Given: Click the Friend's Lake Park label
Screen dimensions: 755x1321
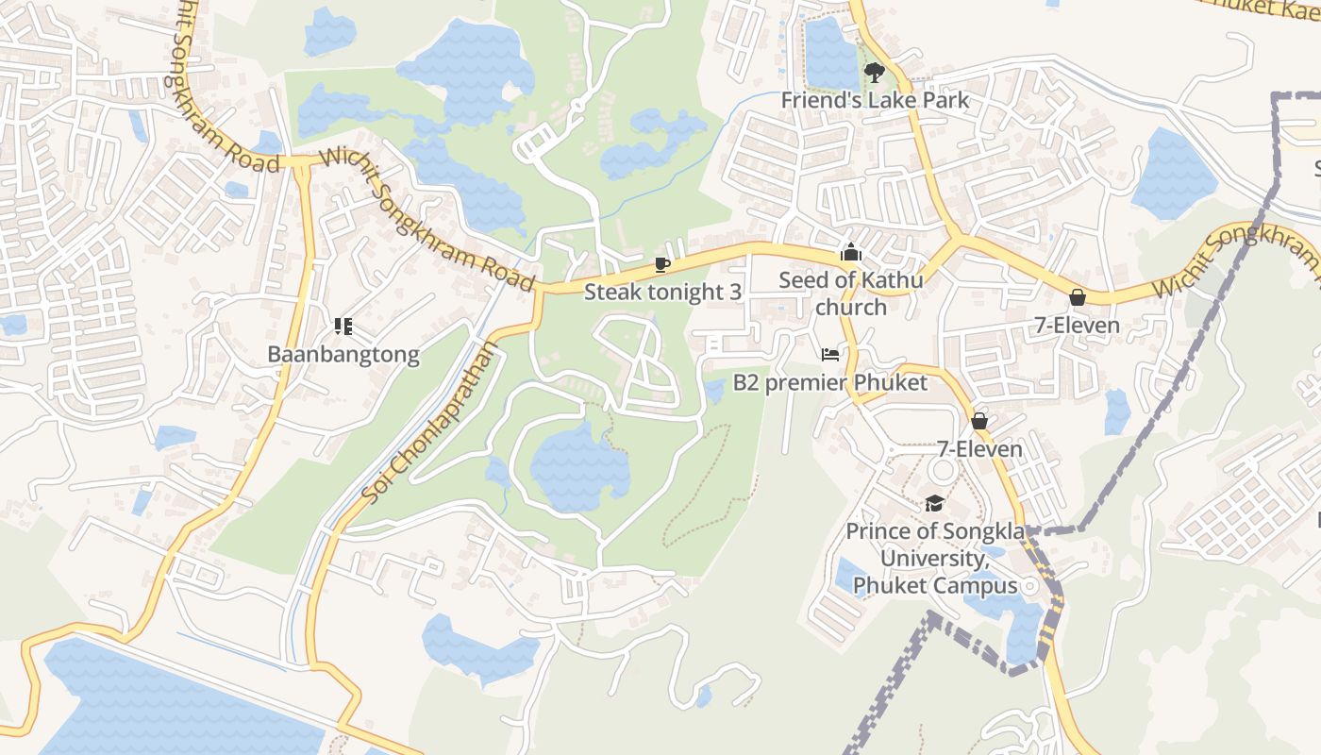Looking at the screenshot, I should tap(875, 99).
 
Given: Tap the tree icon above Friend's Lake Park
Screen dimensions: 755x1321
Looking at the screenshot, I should tap(875, 72).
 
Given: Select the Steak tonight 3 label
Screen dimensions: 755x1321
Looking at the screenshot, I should tap(662, 292).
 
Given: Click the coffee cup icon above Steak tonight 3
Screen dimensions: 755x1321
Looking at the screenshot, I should tap(662, 264).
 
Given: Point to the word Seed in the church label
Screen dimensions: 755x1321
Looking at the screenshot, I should tap(803, 280).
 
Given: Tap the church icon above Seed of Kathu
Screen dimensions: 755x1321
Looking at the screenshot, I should tap(851, 252).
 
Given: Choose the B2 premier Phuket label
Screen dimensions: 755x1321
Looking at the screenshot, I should tap(830, 382).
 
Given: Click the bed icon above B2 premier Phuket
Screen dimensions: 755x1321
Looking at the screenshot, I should tap(830, 355).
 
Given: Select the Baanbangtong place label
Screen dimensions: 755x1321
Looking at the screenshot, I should tap(343, 355).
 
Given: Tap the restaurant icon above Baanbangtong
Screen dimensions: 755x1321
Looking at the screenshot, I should tap(343, 327).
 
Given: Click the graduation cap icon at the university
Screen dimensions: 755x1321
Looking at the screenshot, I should tap(934, 503).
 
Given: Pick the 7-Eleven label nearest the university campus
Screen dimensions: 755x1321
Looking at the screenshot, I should tap(979, 448).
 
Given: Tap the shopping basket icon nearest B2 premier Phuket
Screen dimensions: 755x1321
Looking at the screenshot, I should tap(979, 421).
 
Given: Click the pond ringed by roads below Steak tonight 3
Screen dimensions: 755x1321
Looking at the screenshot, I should tap(577, 467).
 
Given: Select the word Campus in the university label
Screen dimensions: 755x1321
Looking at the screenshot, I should tap(977, 586).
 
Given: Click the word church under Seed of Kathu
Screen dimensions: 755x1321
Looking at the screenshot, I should tap(851, 307).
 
